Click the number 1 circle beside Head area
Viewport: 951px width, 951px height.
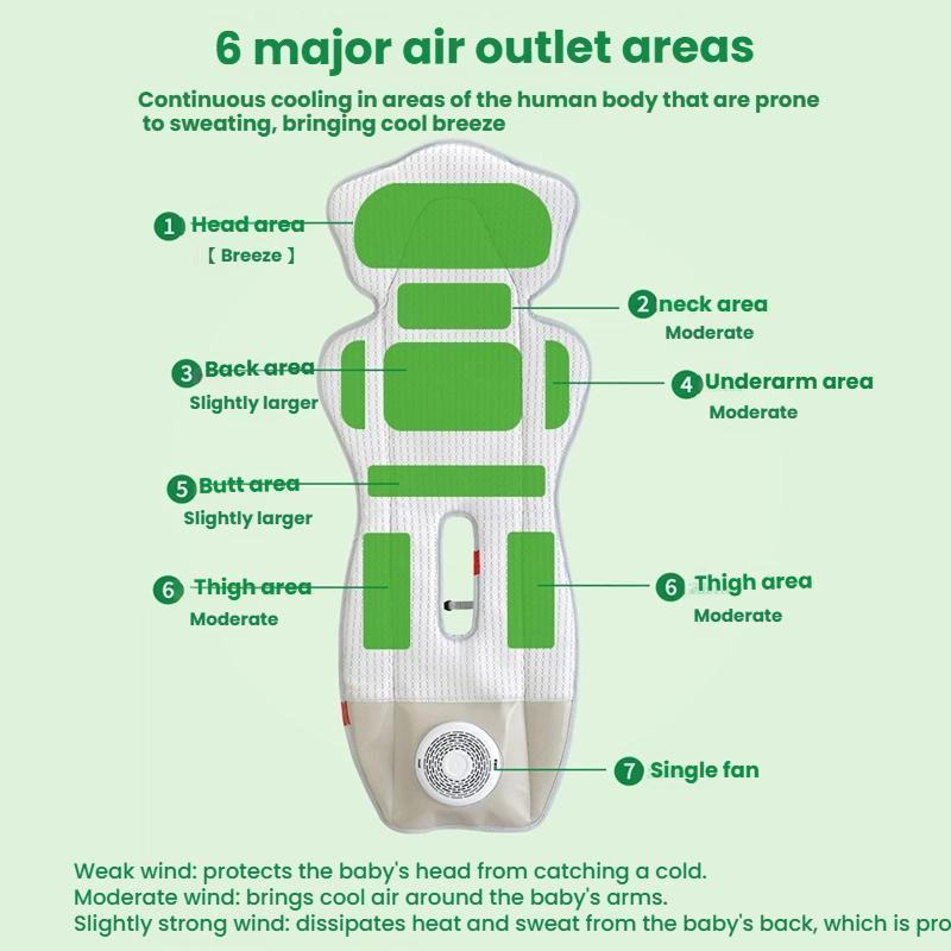click(169, 226)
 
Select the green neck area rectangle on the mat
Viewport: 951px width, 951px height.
click(454, 306)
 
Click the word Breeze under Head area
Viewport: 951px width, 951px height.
click(251, 256)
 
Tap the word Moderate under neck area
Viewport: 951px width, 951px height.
click(709, 333)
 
